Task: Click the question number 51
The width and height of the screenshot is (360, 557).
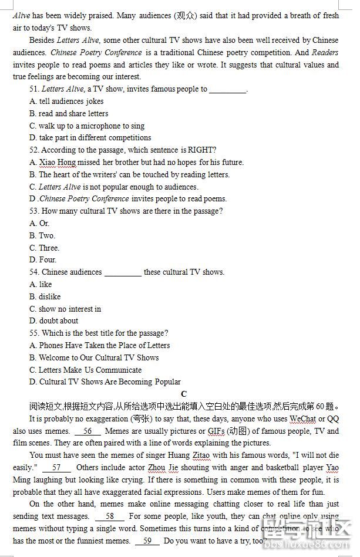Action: [34, 89]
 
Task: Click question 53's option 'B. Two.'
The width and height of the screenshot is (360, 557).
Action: [42, 235]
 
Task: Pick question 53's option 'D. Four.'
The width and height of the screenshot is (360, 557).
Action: [43, 259]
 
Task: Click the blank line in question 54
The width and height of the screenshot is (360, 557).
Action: [123, 272]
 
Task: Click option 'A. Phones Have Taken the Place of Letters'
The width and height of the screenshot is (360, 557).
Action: [100, 345]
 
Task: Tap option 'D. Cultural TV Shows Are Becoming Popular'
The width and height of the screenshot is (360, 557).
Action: [105, 382]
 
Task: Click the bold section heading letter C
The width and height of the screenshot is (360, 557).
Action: [184, 394]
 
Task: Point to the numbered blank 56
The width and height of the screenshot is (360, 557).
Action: [88, 431]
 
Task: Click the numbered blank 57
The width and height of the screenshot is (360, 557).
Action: [56, 467]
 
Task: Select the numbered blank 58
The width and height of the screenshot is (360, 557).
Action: [110, 516]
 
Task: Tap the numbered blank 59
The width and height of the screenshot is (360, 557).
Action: [147, 541]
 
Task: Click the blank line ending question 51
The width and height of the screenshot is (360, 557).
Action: [228, 90]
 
